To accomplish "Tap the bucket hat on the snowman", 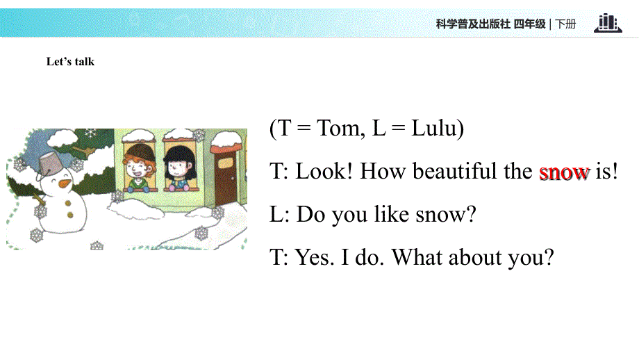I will point(49,164).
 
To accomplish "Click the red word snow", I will point(564,172).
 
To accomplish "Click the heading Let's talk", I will point(70,62).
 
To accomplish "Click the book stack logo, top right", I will point(607,23).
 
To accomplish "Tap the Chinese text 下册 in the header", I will point(566,24).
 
